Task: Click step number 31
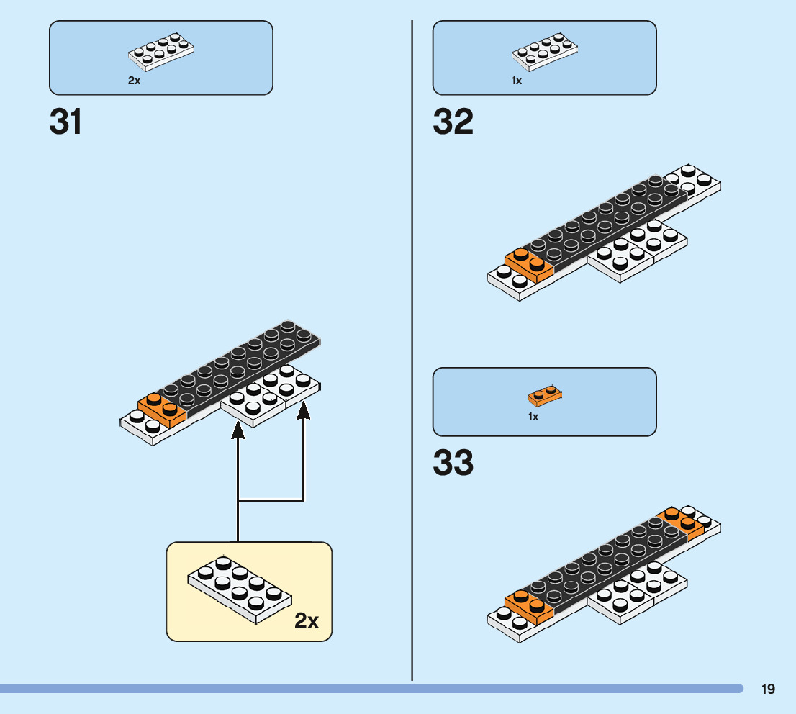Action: pyautogui.click(x=65, y=122)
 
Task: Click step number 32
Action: pyautogui.click(x=453, y=122)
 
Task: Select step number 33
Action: pyautogui.click(x=453, y=464)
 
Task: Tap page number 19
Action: pyautogui.click(x=768, y=689)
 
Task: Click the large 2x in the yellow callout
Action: pyautogui.click(x=307, y=620)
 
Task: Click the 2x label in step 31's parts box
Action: pyautogui.click(x=134, y=81)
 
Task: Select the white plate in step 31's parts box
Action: pyautogui.click(x=161, y=52)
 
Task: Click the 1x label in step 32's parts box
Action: pyautogui.click(x=517, y=81)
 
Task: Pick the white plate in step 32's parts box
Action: pyautogui.click(x=544, y=52)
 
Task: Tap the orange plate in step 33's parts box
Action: pyautogui.click(x=545, y=395)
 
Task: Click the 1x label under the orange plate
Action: pyautogui.click(x=533, y=417)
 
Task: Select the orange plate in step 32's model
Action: pyautogui.click(x=528, y=264)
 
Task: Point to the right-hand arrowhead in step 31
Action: pyautogui.click(x=303, y=410)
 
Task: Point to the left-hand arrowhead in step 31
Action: pyautogui.click(x=238, y=428)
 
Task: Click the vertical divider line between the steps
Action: pyautogui.click(x=412, y=360)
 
